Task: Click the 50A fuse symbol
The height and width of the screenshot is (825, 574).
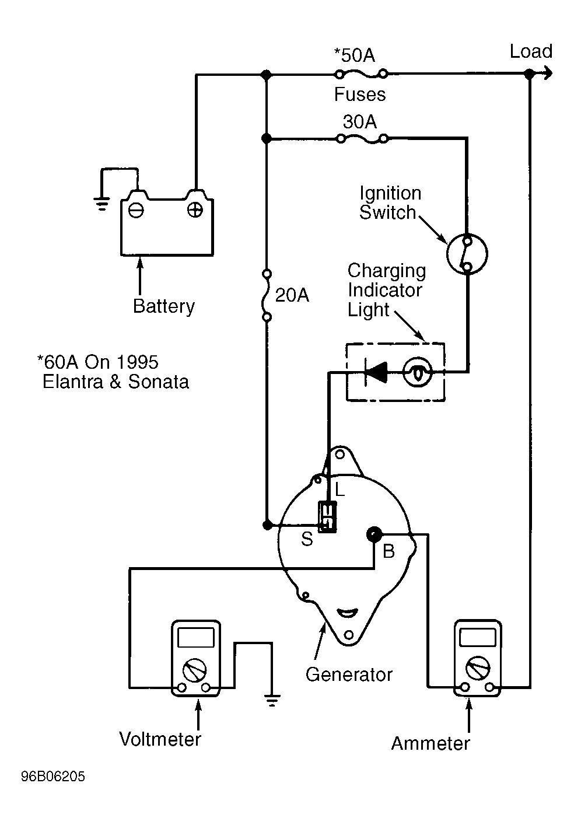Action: pyautogui.click(x=361, y=75)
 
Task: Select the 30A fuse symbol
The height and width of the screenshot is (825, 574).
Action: pyautogui.click(x=363, y=139)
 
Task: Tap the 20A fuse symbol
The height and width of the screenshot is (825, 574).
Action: pyautogui.click(x=267, y=295)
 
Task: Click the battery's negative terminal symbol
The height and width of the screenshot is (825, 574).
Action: pyautogui.click(x=136, y=210)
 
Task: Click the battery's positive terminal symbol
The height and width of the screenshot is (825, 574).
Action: pyautogui.click(x=195, y=210)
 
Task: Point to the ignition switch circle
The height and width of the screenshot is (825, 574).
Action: pyautogui.click(x=467, y=254)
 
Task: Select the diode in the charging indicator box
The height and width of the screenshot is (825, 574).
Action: pyautogui.click(x=376, y=372)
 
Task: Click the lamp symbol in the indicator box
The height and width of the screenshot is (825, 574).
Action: pyautogui.click(x=418, y=373)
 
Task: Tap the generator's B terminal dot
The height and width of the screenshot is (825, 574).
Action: pyautogui.click(x=374, y=534)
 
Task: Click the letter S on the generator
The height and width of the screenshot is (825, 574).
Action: pyautogui.click(x=307, y=539)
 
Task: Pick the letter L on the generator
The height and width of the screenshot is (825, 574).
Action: pyautogui.click(x=339, y=490)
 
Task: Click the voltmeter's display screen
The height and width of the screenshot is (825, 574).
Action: pyautogui.click(x=195, y=638)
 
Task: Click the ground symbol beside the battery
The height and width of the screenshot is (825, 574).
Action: pyautogui.click(x=101, y=204)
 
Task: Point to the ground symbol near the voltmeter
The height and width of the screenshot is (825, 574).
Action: pyautogui.click(x=272, y=700)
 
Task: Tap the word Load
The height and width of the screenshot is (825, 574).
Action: pyautogui.click(x=531, y=51)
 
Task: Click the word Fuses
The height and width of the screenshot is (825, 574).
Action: pyautogui.click(x=360, y=94)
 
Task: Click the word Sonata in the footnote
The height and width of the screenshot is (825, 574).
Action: pyautogui.click(x=159, y=382)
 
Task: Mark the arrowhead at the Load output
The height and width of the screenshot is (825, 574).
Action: pyautogui.click(x=548, y=74)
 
